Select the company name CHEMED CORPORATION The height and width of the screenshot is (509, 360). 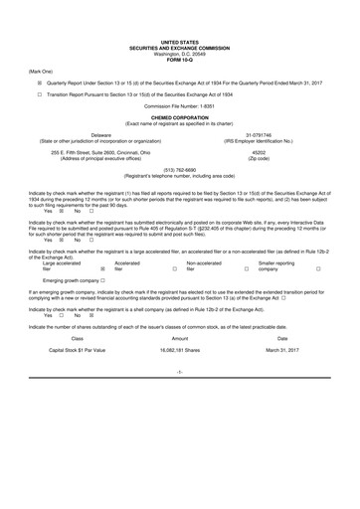[179, 116]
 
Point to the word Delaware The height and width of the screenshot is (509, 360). [101, 133]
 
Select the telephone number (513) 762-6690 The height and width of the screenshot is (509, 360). [179, 169]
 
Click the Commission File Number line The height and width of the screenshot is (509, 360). [179, 105]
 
